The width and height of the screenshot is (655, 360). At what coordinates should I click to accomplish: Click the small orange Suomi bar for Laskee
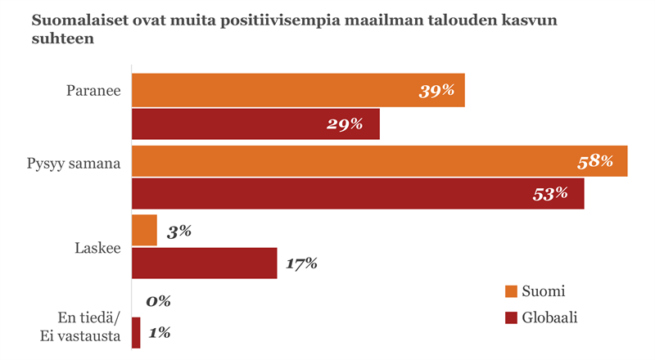144,230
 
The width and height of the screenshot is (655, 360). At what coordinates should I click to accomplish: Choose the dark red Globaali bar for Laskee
204,263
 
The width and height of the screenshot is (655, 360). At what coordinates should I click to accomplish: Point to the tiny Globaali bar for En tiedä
136,333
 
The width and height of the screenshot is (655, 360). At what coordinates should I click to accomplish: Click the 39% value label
436,91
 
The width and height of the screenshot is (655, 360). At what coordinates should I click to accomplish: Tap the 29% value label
346,124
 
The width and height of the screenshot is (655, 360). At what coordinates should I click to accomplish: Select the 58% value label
595,161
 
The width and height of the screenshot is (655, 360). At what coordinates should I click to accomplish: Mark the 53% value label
550,194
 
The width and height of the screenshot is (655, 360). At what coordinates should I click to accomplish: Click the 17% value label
301,263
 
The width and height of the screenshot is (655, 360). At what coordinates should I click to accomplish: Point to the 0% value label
158,301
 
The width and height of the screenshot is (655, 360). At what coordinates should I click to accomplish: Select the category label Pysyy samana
74,163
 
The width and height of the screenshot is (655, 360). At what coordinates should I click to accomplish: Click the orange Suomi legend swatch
511,291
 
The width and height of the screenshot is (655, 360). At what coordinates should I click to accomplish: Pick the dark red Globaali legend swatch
511,317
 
